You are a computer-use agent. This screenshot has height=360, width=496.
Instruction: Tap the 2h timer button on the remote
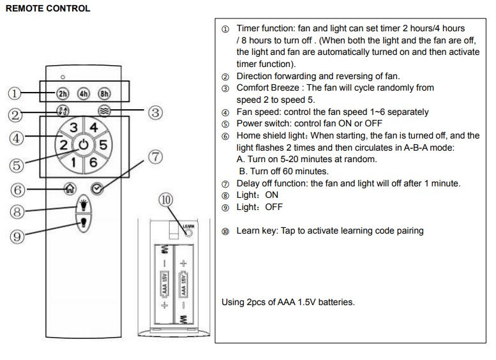(x=63, y=93)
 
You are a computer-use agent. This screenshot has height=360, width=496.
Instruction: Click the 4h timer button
(x=83, y=93)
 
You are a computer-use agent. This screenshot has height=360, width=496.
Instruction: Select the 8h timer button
(x=103, y=93)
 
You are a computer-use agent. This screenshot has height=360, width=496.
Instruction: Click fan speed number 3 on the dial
(x=75, y=127)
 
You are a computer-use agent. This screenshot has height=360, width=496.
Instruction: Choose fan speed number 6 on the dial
(x=93, y=162)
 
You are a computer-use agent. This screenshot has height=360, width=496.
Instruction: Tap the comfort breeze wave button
(x=105, y=110)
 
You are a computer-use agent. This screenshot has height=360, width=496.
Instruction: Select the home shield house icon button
(x=70, y=189)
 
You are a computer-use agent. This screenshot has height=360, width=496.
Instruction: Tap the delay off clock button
(x=96, y=188)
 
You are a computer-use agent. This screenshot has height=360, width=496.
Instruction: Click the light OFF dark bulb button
(x=83, y=223)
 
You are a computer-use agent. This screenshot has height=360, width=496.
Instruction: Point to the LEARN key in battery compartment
(x=188, y=232)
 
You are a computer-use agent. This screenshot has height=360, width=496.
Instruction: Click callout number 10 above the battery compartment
(x=166, y=200)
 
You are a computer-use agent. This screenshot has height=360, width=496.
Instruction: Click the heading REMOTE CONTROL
(x=47, y=9)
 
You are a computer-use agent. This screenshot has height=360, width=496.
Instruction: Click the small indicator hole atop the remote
(x=63, y=77)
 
